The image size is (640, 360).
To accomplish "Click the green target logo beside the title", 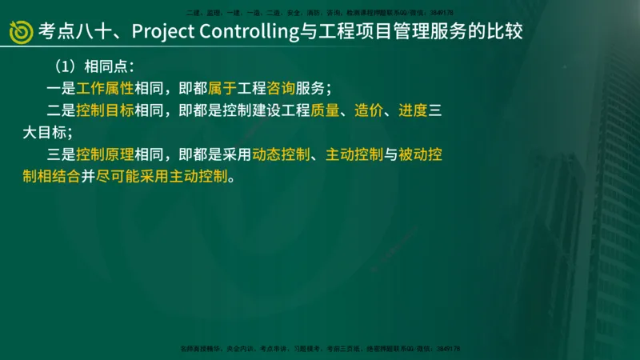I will (22, 31).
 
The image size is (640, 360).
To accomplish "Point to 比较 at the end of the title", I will (508, 31).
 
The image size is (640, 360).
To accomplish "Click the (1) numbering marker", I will (63, 66).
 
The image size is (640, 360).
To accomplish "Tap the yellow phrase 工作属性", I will (105, 88).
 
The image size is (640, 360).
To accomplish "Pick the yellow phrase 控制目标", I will (105, 110).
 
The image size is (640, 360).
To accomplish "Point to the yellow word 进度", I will (412, 110).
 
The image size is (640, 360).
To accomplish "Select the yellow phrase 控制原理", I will (105, 154).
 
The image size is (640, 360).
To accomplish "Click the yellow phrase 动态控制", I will (281, 154).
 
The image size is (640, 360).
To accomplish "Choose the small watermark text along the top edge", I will (320, 13).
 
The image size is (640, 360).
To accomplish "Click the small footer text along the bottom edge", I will (320, 349).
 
